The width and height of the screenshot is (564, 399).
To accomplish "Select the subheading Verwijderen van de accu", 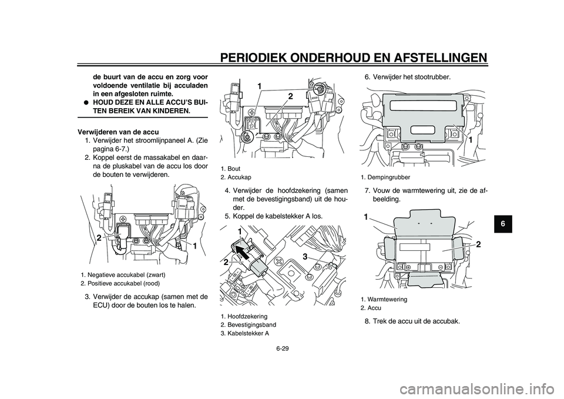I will (x=112, y=131).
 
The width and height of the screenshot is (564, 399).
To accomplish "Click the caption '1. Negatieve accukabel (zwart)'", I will (x=123, y=274).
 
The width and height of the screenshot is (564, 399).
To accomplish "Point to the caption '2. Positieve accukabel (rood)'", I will (x=120, y=283).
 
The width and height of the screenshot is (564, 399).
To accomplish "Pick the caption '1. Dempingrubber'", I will (x=385, y=176).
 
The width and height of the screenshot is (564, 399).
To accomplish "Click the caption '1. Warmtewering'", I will (x=384, y=299).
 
